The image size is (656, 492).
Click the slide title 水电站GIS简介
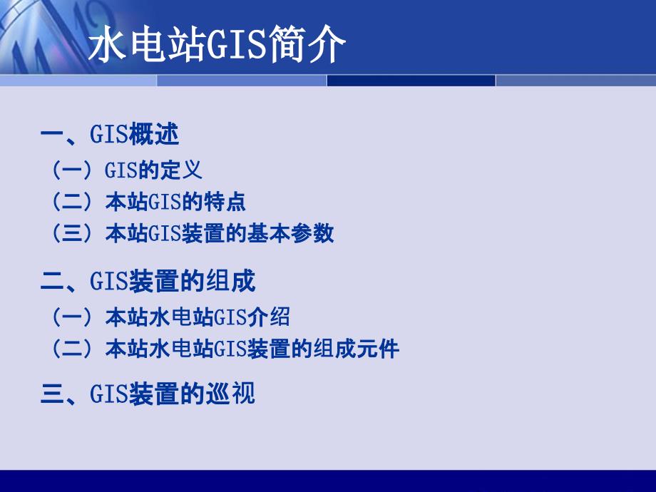pyautogui.click(x=217, y=44)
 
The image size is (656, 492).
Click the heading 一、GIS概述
pyautogui.click(x=110, y=134)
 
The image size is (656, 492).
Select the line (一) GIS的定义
pyautogui.click(x=126, y=170)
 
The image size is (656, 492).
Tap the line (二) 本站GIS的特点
pyautogui.click(x=148, y=202)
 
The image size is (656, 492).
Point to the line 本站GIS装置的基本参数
pyautogui.click(x=220, y=233)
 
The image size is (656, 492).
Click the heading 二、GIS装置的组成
pyautogui.click(x=148, y=281)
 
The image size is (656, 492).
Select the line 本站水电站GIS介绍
pyautogui.click(x=198, y=317)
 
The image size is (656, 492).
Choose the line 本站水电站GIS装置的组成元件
pyautogui.click(x=252, y=349)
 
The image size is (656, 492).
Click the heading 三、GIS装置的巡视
pyautogui.click(x=148, y=394)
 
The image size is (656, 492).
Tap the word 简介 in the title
pyautogui.click(x=307, y=44)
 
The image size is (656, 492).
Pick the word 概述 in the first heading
pyautogui.click(x=154, y=134)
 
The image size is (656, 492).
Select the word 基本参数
pyautogui.click(x=291, y=233)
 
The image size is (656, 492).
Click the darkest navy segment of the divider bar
pyautogui.click(x=411, y=81)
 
